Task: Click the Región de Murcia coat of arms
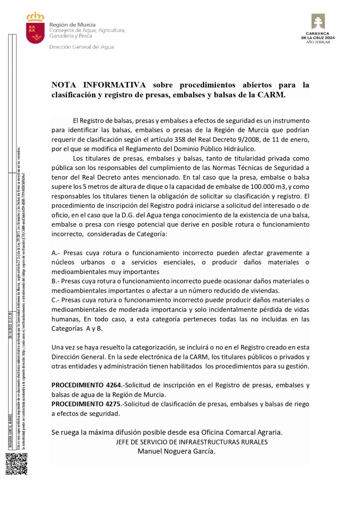point(35,29)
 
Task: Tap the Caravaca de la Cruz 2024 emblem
point(318,22)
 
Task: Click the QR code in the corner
point(16,464)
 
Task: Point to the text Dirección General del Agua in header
point(81,47)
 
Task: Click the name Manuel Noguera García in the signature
point(176,451)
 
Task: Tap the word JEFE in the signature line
point(124,442)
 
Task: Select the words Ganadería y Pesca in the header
point(70,36)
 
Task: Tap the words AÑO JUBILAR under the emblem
point(318,41)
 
